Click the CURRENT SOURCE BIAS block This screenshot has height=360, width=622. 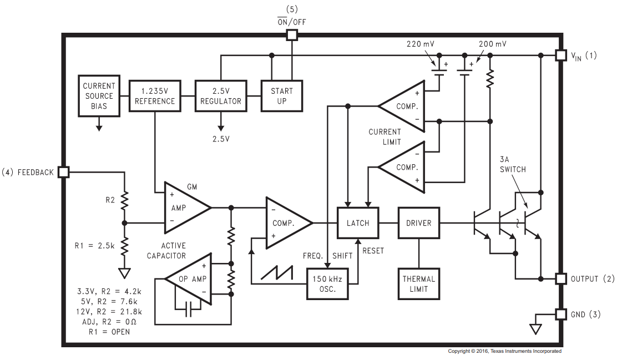click(99, 96)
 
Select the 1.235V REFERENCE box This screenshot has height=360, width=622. click(155, 96)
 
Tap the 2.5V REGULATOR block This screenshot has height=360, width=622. click(220, 96)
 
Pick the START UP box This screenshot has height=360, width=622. click(282, 96)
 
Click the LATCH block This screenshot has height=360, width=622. click(358, 223)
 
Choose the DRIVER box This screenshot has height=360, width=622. click(418, 223)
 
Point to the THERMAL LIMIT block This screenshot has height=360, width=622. click(418, 284)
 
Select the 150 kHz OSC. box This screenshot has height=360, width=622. click(327, 284)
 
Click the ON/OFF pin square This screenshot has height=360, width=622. click(292, 35)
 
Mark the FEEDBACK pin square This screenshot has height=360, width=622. click(63, 172)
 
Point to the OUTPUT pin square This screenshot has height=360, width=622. click(560, 278)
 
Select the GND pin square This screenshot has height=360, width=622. click(560, 315)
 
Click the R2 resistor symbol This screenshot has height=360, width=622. click(124, 200)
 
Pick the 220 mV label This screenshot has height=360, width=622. click(420, 44)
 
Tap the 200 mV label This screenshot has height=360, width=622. click(492, 44)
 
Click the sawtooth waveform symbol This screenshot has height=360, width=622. click(277, 272)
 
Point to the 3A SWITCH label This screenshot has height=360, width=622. click(513, 164)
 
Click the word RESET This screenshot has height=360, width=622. click(373, 251)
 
